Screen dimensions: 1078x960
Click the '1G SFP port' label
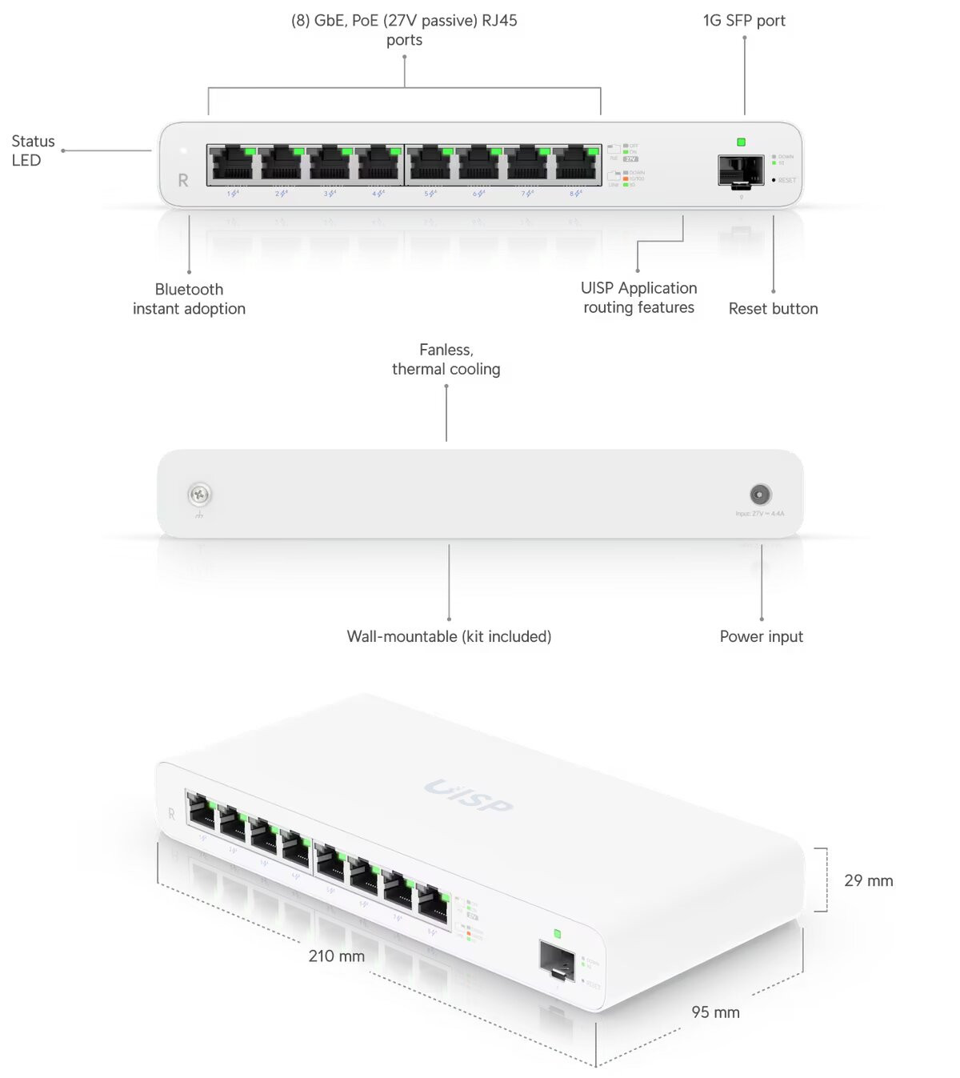[744, 21]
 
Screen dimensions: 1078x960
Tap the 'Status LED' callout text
[33, 150]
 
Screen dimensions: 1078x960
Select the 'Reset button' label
[773, 309]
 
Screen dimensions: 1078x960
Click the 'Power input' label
[761, 637]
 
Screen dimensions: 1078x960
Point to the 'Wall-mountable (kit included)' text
[449, 637]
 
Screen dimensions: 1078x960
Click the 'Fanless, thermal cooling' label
[446, 359]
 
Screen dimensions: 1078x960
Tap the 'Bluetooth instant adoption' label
[189, 299]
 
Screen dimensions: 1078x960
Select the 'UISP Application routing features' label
[638, 298]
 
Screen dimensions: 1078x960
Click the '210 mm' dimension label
[336, 956]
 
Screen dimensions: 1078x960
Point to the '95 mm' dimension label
[715, 1012]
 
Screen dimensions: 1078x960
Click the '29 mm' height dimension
[868, 881]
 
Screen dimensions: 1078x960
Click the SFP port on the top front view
[741, 170]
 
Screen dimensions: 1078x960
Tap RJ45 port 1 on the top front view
[231, 164]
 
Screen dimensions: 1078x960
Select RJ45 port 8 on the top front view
[576, 164]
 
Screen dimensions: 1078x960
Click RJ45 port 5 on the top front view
[430, 164]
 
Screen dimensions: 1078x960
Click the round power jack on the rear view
[759, 494]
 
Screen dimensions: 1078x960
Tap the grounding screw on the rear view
[199, 495]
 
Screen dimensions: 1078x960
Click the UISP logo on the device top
[468, 796]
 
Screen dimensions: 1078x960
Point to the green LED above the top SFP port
[741, 142]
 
